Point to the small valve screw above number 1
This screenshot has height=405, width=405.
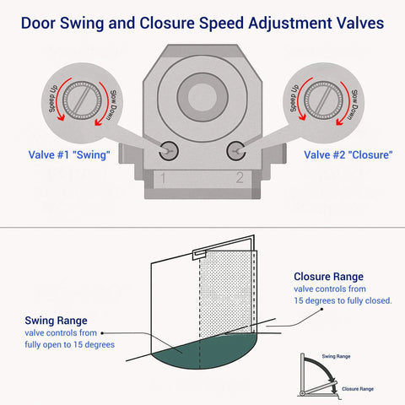point(169,150)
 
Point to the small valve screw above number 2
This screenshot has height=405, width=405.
point(237,150)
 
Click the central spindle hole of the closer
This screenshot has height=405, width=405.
point(202,96)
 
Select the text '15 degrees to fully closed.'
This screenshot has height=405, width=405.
point(343,300)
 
